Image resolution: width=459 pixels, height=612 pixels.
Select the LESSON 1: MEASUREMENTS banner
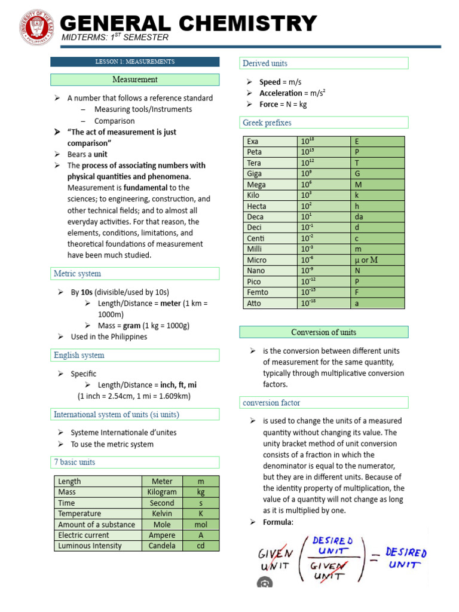[135, 62]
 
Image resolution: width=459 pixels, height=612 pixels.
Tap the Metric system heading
[78, 274]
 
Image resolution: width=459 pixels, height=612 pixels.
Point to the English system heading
[79, 355]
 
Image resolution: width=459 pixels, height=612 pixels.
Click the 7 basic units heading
[75, 462]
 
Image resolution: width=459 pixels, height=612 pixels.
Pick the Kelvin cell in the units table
[162, 513]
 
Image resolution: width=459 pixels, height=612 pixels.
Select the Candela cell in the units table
[162, 546]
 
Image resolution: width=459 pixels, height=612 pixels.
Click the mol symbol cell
[201, 524]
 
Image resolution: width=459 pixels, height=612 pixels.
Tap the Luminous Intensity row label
[90, 546]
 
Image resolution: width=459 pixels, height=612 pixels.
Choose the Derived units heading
[265, 63]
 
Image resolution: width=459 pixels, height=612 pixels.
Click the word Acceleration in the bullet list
[281, 93]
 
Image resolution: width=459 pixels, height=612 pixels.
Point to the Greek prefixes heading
[267, 123]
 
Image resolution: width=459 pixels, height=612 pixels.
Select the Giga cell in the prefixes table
[255, 174]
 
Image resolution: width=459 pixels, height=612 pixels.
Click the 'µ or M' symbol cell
[366, 260]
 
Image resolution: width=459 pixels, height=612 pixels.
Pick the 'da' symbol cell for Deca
[359, 217]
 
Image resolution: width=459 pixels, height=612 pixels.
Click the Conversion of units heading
[323, 332]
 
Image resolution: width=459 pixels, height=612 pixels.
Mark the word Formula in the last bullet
[277, 522]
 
